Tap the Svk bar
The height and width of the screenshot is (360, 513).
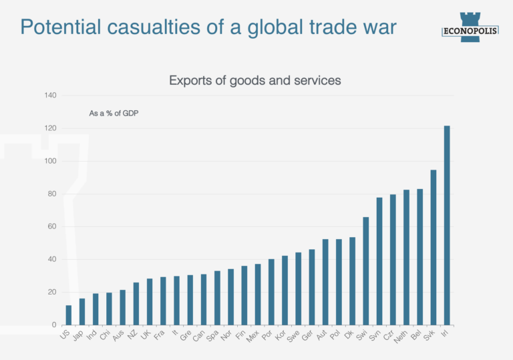tap(434, 247)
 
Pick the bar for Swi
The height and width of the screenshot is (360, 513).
tap(366, 271)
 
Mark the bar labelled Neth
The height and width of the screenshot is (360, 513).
tap(406, 257)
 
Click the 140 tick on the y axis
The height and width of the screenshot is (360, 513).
tap(50, 96)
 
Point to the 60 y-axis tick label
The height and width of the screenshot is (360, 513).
tap(52, 226)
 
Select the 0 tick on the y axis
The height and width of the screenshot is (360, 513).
tap(54, 325)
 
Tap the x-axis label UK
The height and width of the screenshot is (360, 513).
tap(146, 334)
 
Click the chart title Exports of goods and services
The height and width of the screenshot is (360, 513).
tap(255, 80)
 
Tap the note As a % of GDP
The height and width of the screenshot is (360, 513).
tap(114, 114)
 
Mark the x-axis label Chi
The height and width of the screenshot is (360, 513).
tap(106, 335)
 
